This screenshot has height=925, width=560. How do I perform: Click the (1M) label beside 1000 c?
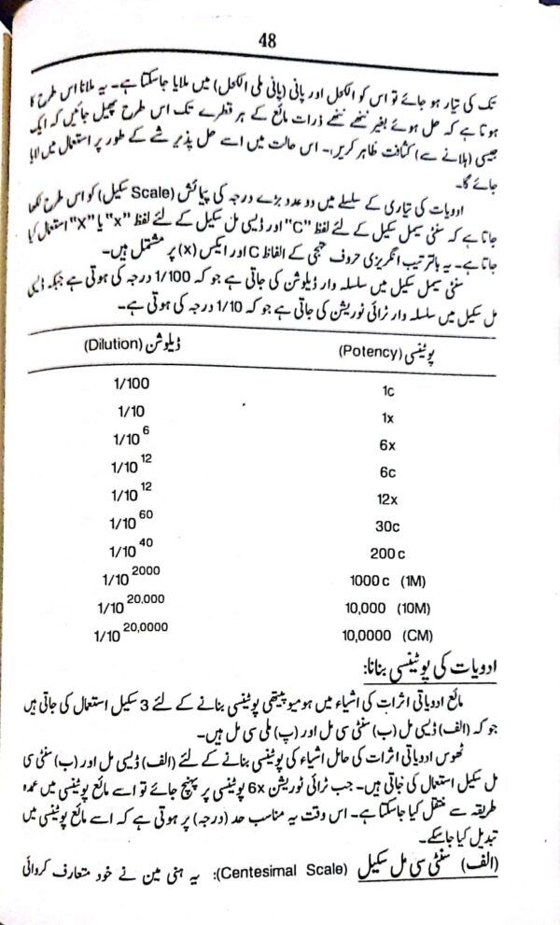pos(413,582)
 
